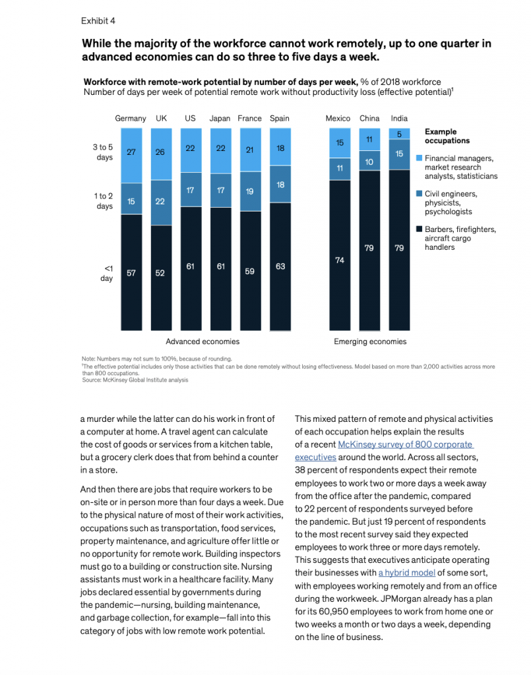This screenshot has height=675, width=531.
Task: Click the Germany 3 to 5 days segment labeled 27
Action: (131, 156)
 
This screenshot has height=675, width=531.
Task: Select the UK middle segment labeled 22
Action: (161, 202)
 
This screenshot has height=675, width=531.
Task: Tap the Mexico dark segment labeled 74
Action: (340, 255)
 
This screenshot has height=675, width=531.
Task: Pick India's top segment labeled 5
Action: (399, 134)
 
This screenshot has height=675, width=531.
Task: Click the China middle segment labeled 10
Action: (369, 161)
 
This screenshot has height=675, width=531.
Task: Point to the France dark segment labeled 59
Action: (250, 271)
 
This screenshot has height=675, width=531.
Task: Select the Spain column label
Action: (280, 119)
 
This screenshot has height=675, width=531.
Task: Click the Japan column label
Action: (220, 119)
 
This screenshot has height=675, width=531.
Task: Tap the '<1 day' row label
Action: (107, 274)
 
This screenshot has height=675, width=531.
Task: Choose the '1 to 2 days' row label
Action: (104, 201)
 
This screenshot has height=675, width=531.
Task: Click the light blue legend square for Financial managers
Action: (419, 158)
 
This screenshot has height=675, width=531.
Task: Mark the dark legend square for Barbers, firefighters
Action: (419, 229)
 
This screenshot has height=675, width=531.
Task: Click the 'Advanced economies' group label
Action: (203, 341)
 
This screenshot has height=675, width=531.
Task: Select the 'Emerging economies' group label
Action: (370, 341)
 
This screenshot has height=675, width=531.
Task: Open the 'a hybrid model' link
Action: (407, 573)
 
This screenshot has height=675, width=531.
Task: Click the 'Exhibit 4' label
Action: (98, 20)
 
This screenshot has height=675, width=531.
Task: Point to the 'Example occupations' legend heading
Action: (447, 136)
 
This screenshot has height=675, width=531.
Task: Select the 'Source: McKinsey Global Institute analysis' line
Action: (135, 380)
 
